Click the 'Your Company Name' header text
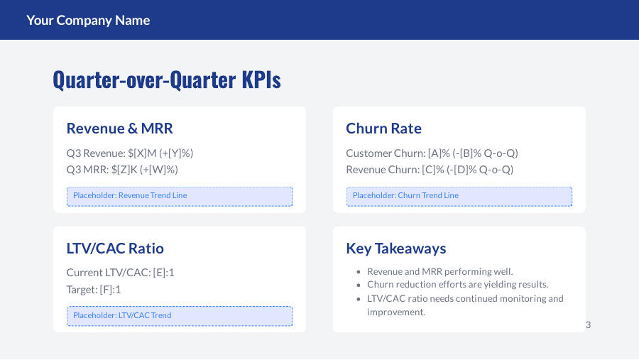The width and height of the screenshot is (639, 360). pos(88,20)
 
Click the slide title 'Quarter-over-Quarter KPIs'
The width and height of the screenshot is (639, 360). pos(167,80)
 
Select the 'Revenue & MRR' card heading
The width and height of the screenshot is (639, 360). pos(119,129)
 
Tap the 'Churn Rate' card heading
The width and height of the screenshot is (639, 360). pos(383,129)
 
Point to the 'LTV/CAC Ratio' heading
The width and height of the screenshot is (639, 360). pos(115,249)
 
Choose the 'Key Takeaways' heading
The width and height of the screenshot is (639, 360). pos(395,249)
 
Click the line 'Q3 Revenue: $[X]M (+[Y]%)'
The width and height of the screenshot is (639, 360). pos(130,153)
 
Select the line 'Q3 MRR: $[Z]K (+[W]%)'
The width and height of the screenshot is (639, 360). pos(122,169)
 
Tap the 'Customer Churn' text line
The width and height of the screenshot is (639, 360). pos(432,153)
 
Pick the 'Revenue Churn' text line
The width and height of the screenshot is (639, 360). pos(430,169)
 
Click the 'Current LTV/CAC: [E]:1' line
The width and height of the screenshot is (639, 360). pos(120,272)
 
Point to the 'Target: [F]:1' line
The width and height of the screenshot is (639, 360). pos(94,289)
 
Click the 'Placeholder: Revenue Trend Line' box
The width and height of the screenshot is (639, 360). pos(180,196)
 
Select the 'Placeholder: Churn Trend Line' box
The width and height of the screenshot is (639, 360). pos(459,196)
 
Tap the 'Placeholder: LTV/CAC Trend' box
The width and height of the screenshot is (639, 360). pos(180,315)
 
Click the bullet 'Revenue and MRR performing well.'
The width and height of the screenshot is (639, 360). pos(439,271)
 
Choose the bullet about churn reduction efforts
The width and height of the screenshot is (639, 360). pos(457,284)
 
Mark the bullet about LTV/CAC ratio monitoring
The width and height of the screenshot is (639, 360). pos(465,305)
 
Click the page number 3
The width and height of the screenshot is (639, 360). pos(588,324)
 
